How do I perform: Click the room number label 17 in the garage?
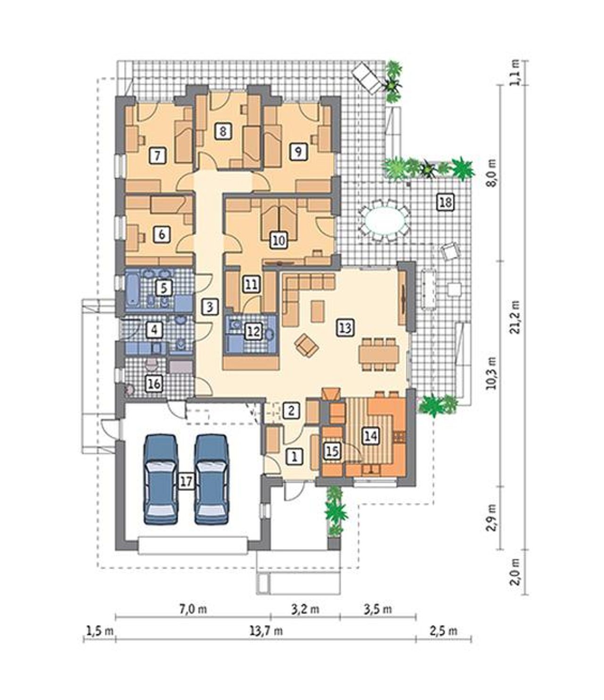[186, 481]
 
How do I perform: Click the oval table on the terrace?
[384, 220]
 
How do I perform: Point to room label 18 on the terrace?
[445, 202]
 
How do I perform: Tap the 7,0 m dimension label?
[193, 609]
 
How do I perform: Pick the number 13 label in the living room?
[345, 327]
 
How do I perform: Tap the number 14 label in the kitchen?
[371, 436]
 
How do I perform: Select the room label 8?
[223, 131]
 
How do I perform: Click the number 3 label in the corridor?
[210, 307]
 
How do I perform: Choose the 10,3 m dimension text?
[492, 373]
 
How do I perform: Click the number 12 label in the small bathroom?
[254, 331]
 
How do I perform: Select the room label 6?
[161, 234]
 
